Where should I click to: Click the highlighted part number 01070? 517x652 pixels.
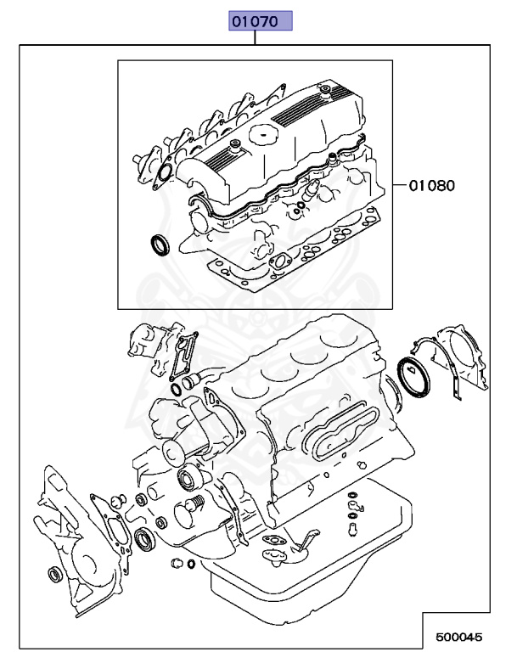(258, 21)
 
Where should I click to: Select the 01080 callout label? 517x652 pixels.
(431, 184)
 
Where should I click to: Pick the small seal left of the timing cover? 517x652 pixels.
(54, 576)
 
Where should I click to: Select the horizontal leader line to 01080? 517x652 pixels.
(400, 184)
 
